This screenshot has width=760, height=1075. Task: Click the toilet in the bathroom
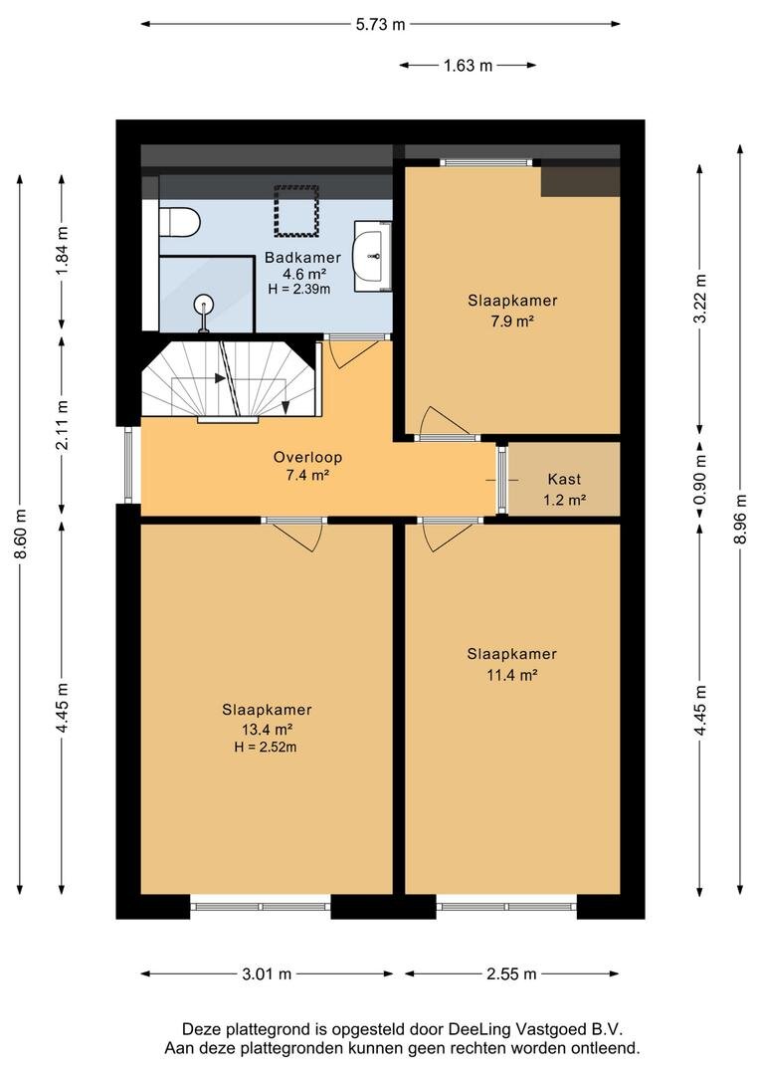point(179,222)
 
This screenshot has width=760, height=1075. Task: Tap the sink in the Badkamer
point(371,256)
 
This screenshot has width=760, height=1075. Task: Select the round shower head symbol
point(204,303)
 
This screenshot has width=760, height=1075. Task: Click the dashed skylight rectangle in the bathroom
point(297,210)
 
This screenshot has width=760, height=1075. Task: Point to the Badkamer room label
point(302,258)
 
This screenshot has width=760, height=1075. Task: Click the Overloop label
point(307,457)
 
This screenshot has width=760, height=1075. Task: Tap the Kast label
point(565,479)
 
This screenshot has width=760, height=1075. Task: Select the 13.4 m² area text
point(268,729)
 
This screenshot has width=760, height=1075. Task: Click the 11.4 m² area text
point(512,675)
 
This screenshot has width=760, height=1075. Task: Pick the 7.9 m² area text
point(512,321)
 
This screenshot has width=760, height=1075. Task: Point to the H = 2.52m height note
point(266,747)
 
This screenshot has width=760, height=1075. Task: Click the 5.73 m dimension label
point(380,25)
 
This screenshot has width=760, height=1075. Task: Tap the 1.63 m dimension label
point(469,66)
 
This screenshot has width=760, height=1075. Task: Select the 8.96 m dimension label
point(739,519)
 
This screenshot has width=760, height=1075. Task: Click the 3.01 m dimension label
point(267,973)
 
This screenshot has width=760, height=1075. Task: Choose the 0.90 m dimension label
point(699,479)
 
